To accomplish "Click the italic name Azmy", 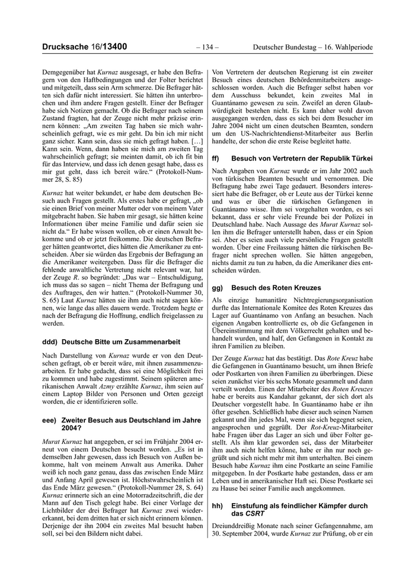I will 107,385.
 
